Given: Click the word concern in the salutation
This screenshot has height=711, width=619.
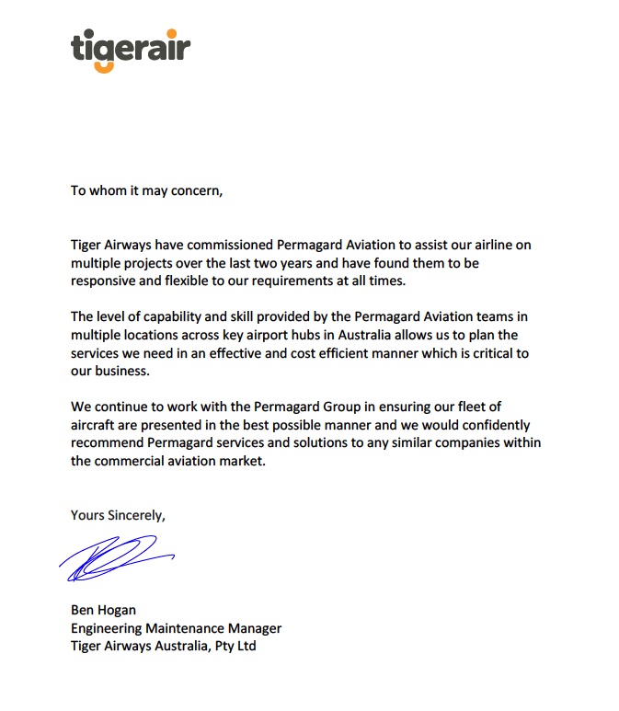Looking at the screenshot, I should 194,191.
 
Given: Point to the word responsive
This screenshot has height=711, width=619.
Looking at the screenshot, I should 106,281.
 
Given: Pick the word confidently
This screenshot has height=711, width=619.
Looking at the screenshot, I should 488,424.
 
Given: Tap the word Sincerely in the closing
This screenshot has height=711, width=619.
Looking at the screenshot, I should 135,514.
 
